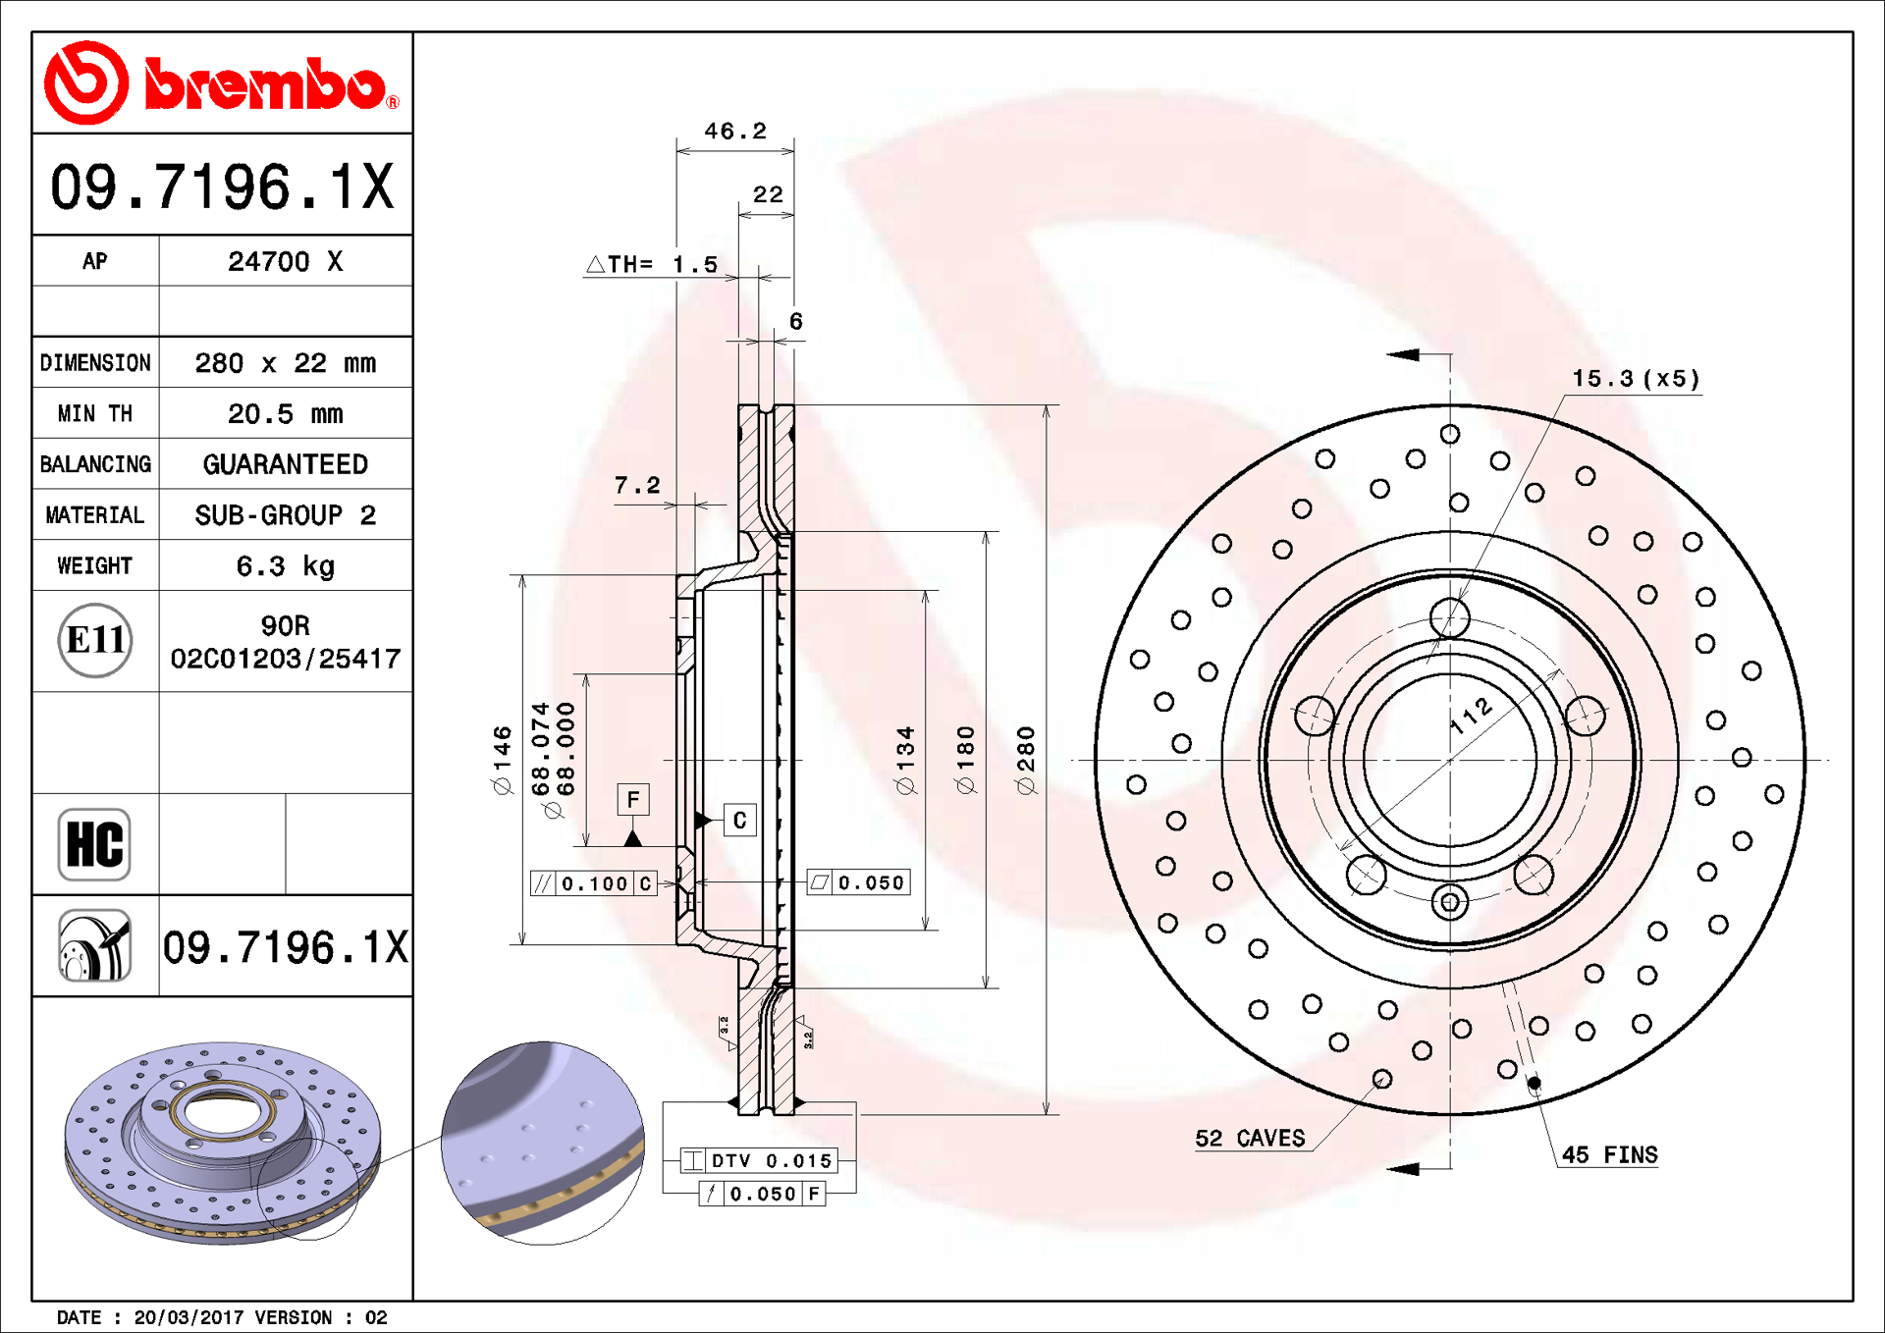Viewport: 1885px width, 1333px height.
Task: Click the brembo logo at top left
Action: [222, 82]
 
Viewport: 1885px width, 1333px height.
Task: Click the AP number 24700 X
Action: [286, 261]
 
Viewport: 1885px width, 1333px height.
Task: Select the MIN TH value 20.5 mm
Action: [286, 413]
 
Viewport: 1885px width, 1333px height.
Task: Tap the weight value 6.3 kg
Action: [286, 565]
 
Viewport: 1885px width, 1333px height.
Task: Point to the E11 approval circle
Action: [95, 640]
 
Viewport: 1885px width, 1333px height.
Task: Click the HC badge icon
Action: [94, 844]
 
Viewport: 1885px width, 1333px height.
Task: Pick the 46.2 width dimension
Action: [735, 131]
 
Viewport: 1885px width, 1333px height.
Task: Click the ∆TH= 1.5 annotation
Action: [652, 264]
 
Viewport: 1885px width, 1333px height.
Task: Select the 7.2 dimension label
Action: [637, 485]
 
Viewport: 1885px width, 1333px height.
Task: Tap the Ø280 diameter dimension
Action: [1026, 760]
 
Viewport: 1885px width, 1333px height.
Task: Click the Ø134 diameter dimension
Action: [905, 760]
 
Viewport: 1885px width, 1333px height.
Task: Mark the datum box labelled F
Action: [633, 799]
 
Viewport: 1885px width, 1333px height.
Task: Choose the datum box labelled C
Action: [740, 820]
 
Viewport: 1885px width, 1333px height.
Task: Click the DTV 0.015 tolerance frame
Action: [759, 1160]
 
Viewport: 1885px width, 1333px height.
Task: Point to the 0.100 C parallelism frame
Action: [594, 883]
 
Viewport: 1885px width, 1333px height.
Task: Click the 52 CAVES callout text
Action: [1250, 1138]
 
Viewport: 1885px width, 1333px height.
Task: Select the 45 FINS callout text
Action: [1609, 1154]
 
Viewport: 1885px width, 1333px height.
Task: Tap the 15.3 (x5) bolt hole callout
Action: [1636, 378]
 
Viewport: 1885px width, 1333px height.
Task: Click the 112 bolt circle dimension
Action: [1472, 716]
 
